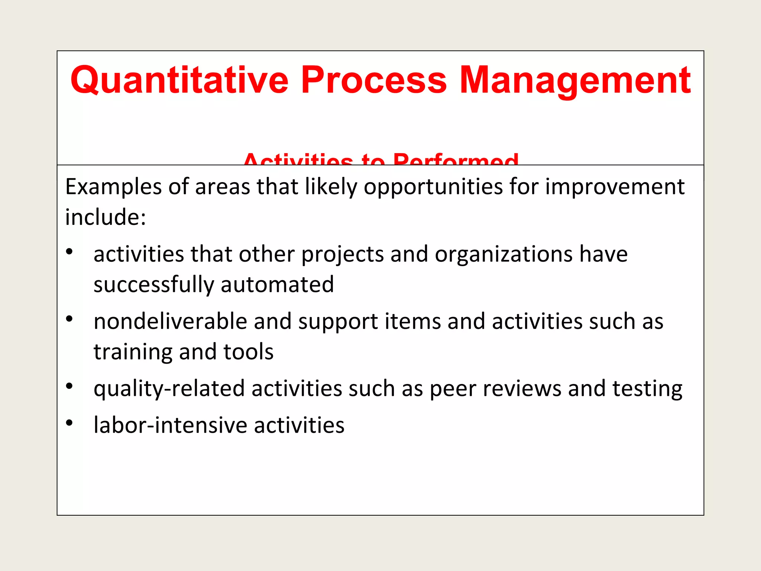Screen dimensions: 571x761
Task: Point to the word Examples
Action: pos(113,187)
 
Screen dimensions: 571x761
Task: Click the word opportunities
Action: pos(433,187)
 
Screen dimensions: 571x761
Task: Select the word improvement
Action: pos(615,187)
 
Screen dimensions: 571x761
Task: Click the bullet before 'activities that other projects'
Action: pos(69,252)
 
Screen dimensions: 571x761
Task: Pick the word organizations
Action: pos(503,254)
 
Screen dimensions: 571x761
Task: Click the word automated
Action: pos(277,285)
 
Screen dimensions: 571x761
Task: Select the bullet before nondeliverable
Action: pos(69,319)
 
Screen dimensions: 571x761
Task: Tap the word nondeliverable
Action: pos(170,321)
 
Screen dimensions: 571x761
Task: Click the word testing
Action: pos(647,389)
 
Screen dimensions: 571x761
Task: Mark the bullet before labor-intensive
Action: pos(69,423)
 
